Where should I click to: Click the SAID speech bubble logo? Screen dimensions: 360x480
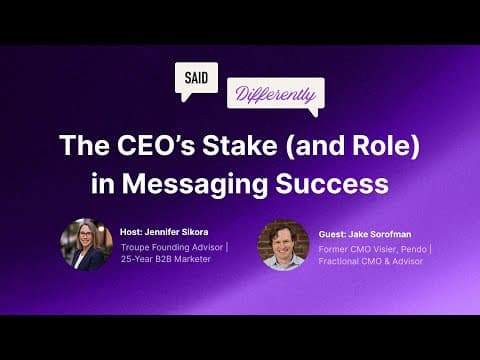(x=196, y=79)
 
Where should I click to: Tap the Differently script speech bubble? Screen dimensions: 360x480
(x=274, y=95)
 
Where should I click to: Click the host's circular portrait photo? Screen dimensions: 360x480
(x=86, y=244)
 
